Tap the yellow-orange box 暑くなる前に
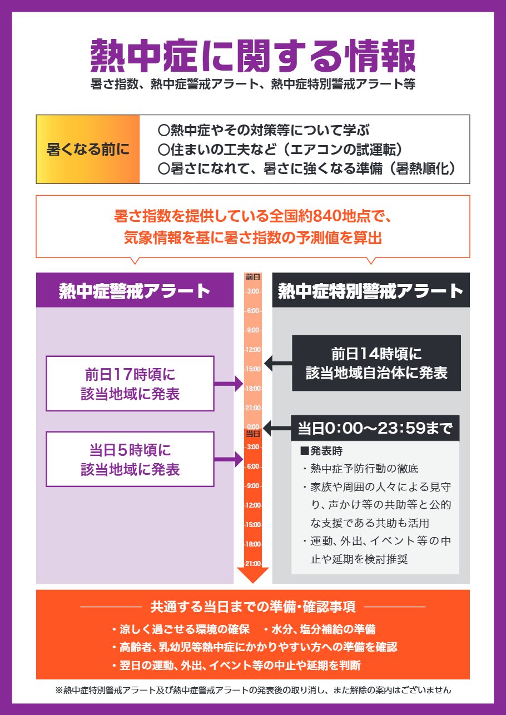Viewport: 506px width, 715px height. tap(88, 149)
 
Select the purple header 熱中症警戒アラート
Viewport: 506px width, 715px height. tap(135, 290)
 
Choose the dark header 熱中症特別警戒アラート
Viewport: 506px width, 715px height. tap(370, 290)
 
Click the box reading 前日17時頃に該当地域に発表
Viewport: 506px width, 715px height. tap(130, 384)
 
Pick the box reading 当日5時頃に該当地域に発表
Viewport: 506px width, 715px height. tap(130, 459)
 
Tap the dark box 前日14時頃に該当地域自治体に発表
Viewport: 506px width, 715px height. tap(376, 363)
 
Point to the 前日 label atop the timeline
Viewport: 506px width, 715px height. tap(253, 276)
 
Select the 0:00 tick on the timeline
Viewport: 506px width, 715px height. tap(253, 426)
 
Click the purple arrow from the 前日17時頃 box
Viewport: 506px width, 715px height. tap(229, 384)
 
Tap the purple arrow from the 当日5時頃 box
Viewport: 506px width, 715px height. tap(229, 459)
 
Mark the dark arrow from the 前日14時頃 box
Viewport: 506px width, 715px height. tap(278, 364)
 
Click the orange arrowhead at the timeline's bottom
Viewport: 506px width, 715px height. tap(253, 575)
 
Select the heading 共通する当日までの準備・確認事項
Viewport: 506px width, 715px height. tap(253, 606)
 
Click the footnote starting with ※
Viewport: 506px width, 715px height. tap(253, 690)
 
